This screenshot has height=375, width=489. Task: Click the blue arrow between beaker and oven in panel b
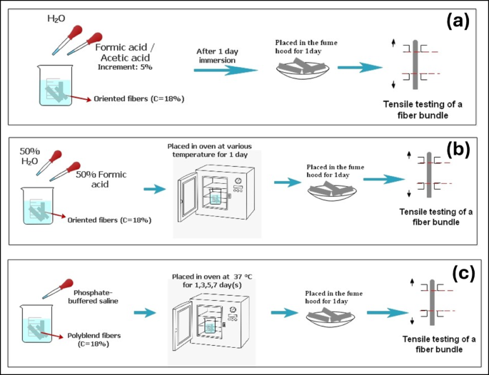tap(155, 190)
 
